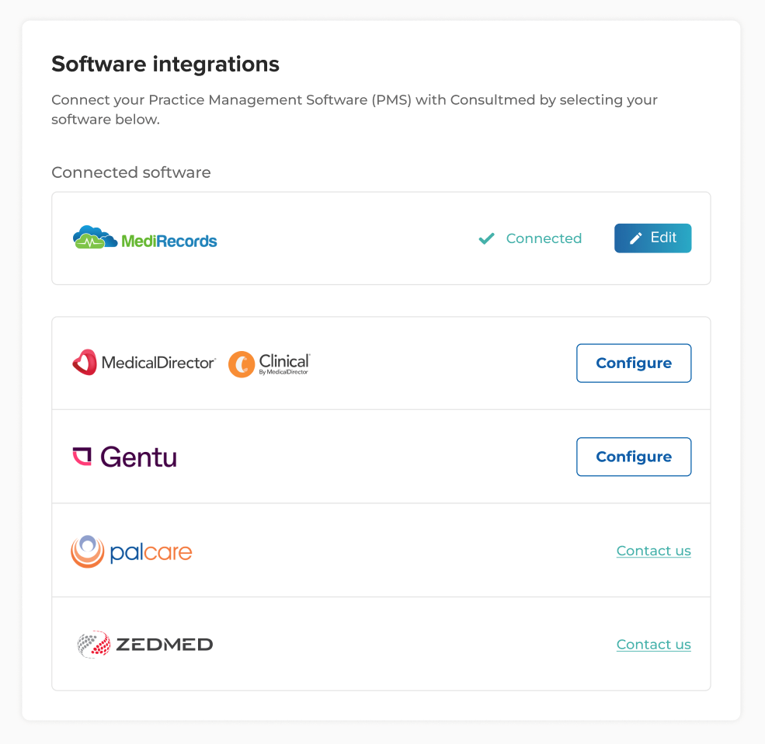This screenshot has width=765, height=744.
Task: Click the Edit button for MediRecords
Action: click(652, 238)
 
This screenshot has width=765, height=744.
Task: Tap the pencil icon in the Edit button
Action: click(636, 238)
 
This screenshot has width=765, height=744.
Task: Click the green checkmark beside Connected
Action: click(486, 238)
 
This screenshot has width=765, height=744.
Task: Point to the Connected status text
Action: click(544, 238)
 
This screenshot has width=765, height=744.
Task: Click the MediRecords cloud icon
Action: click(95, 237)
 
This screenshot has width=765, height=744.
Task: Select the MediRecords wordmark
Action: click(169, 241)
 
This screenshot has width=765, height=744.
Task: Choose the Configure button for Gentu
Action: click(634, 457)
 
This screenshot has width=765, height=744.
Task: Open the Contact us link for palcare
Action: click(654, 551)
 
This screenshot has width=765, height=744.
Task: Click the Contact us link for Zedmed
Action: click(654, 645)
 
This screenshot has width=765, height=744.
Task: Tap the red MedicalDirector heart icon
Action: click(85, 363)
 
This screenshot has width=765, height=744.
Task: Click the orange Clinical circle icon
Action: click(242, 364)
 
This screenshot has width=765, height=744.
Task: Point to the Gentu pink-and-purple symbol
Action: click(82, 456)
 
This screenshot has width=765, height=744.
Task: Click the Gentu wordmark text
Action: click(138, 457)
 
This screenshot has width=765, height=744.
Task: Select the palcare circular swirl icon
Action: click(87, 551)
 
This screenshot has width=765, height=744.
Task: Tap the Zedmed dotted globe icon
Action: click(94, 644)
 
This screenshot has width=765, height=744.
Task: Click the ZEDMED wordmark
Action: click(165, 645)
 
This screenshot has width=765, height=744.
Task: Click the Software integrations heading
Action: click(165, 64)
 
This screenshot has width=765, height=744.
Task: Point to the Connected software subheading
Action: click(131, 172)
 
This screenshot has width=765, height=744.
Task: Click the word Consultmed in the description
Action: click(492, 99)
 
